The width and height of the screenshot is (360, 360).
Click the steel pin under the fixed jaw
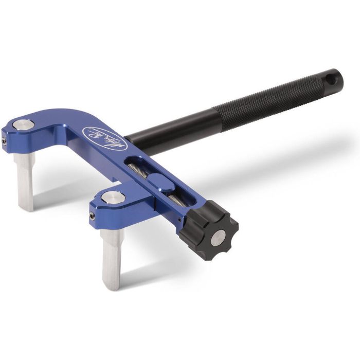24,180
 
